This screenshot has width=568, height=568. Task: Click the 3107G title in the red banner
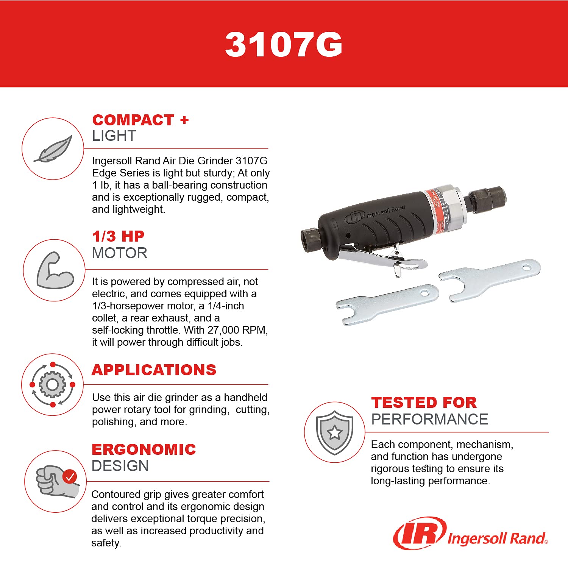click(284, 45)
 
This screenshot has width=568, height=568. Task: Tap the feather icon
click(53, 149)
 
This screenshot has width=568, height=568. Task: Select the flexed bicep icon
click(55, 270)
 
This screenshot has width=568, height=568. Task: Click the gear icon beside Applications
click(52, 385)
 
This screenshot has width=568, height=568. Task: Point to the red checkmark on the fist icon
click(70, 476)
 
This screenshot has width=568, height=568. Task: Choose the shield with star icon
click(335, 432)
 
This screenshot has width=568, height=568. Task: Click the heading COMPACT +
click(140, 120)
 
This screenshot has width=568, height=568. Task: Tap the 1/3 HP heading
click(118, 236)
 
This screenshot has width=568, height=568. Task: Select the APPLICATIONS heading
click(154, 370)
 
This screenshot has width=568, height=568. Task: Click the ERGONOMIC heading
click(144, 449)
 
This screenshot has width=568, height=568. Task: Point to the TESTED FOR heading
click(424, 403)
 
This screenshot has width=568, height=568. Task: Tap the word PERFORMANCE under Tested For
click(429, 420)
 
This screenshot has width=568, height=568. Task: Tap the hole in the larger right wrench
click(526, 268)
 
